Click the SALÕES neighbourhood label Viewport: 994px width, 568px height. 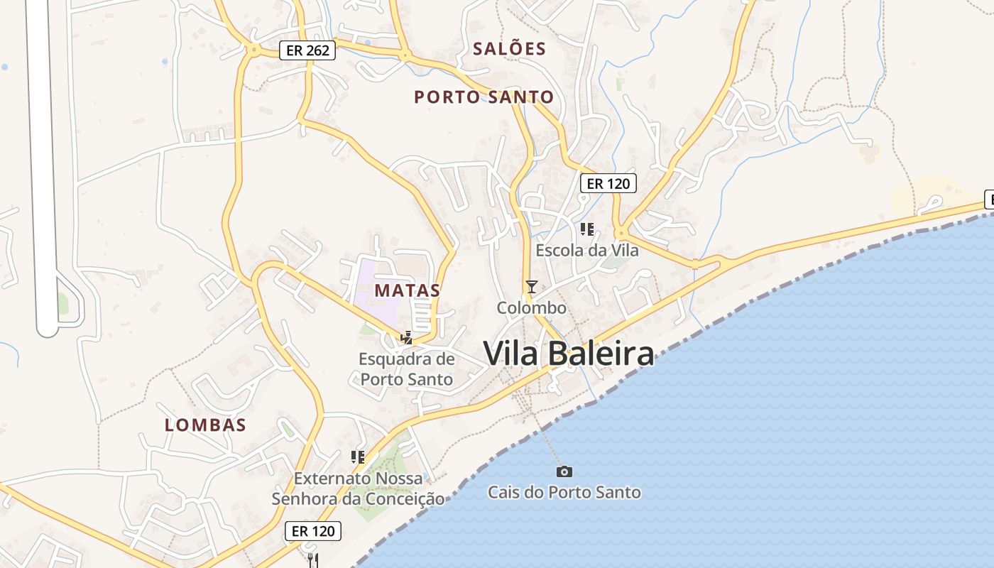click(x=510, y=49)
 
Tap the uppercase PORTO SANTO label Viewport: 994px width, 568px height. click(x=484, y=97)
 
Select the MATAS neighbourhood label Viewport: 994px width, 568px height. click(x=408, y=290)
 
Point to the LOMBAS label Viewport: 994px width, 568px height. click(x=205, y=425)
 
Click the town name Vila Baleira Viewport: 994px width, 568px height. click(x=569, y=354)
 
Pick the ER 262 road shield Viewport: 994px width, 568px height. click(x=307, y=50)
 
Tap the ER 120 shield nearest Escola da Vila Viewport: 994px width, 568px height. click(x=608, y=183)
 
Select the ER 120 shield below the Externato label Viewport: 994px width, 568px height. click(x=313, y=531)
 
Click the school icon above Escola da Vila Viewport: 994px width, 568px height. click(x=586, y=229)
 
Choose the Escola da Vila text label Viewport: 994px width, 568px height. click(x=586, y=251)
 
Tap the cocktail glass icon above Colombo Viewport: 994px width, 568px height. click(x=531, y=286)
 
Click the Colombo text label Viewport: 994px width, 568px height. click(x=531, y=308)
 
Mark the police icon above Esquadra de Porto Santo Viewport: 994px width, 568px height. click(x=407, y=338)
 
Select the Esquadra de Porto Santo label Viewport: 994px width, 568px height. click(x=406, y=369)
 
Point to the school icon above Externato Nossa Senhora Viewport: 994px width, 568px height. click(x=358, y=457)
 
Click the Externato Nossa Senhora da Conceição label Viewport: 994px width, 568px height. click(x=358, y=488)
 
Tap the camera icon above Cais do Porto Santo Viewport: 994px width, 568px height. click(x=564, y=471)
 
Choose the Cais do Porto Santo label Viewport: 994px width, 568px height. click(x=564, y=493)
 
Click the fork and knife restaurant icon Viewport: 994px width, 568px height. click(x=313, y=560)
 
